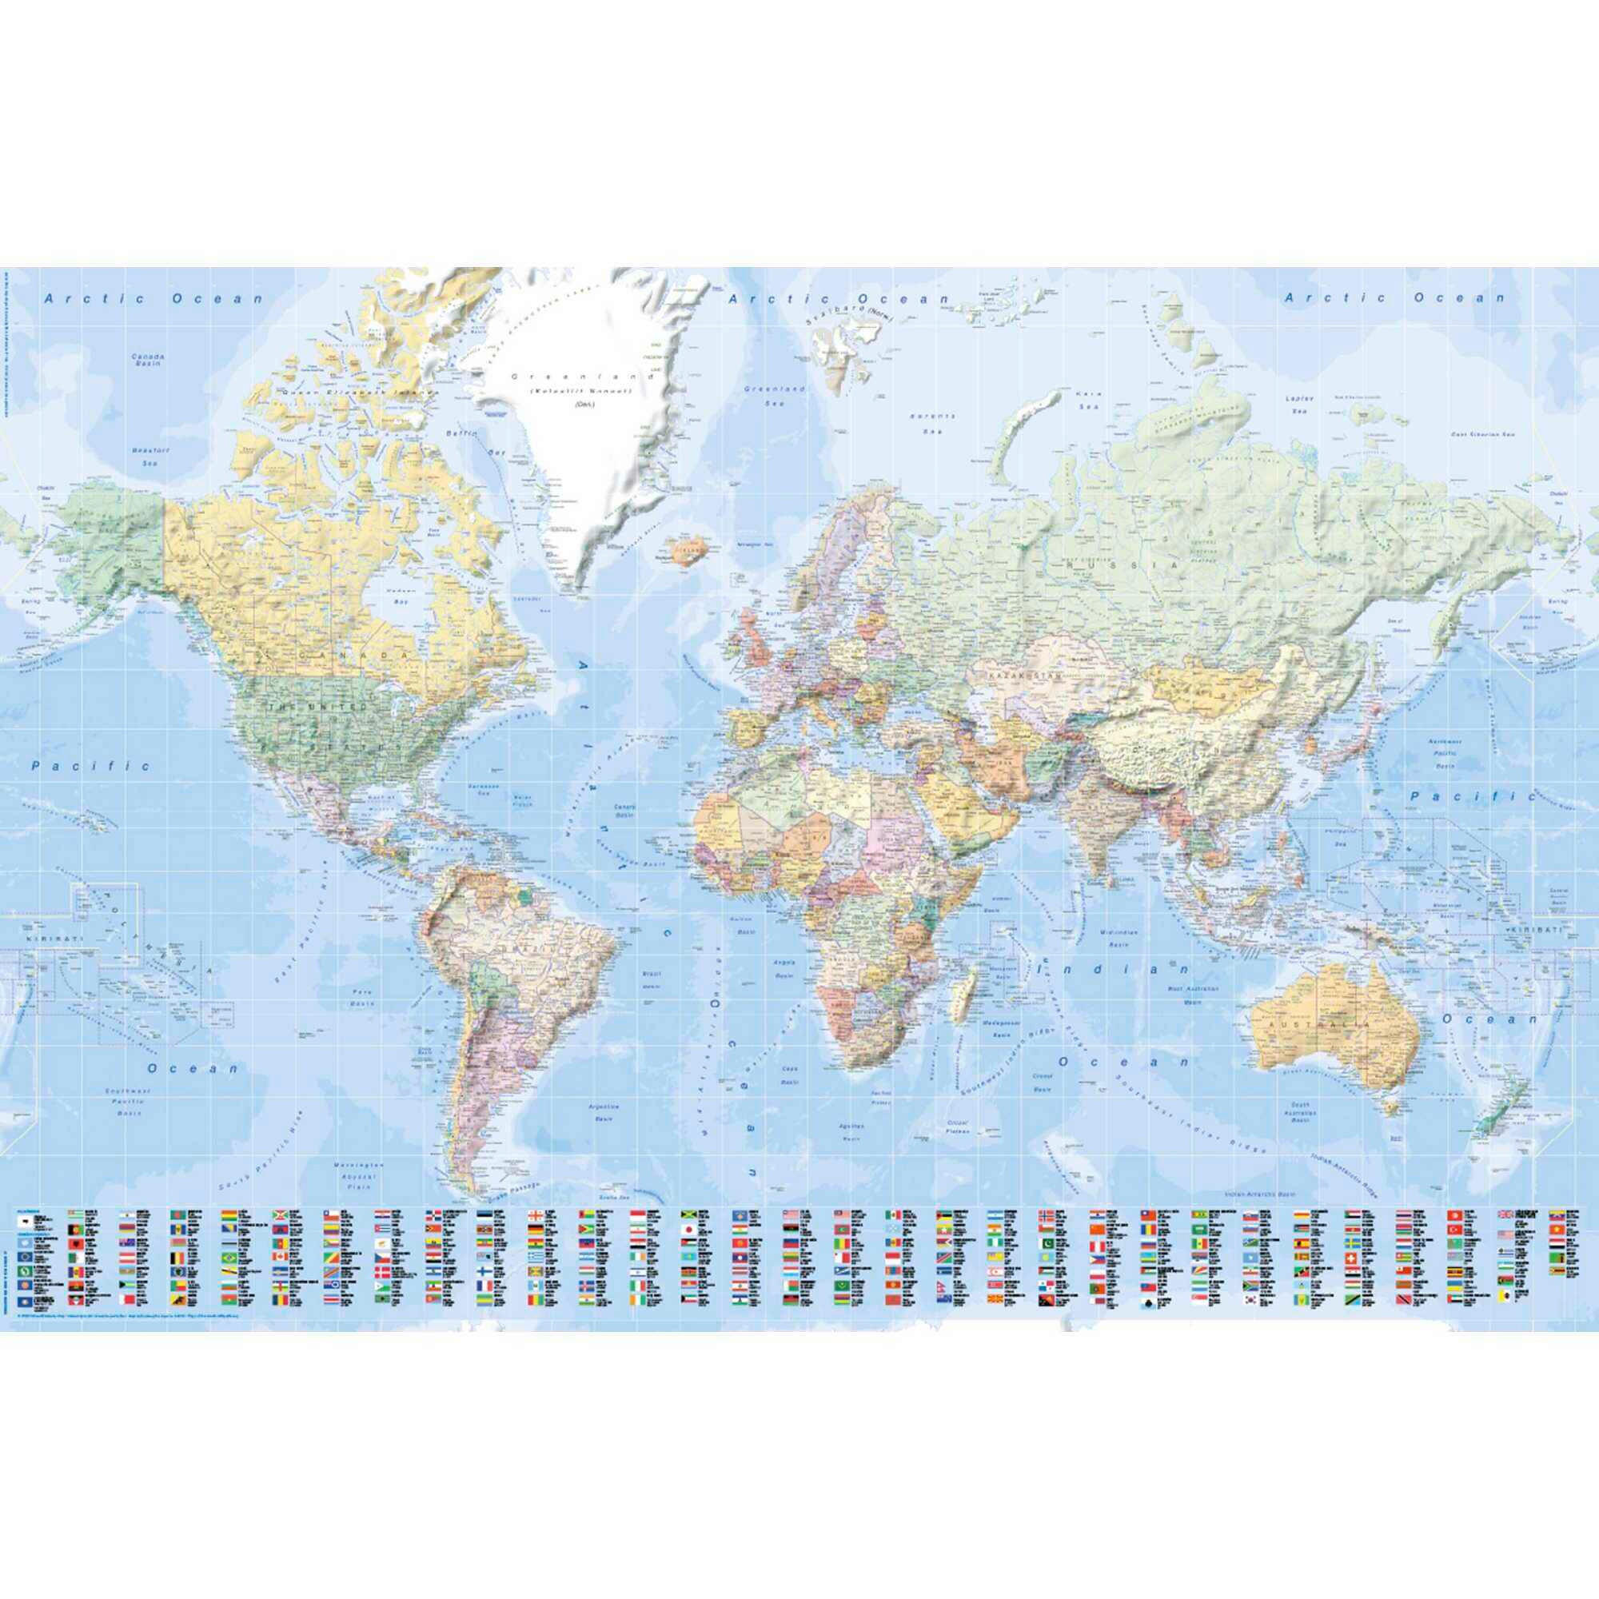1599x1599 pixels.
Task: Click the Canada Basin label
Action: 148,361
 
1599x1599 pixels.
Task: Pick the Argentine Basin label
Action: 604,1111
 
